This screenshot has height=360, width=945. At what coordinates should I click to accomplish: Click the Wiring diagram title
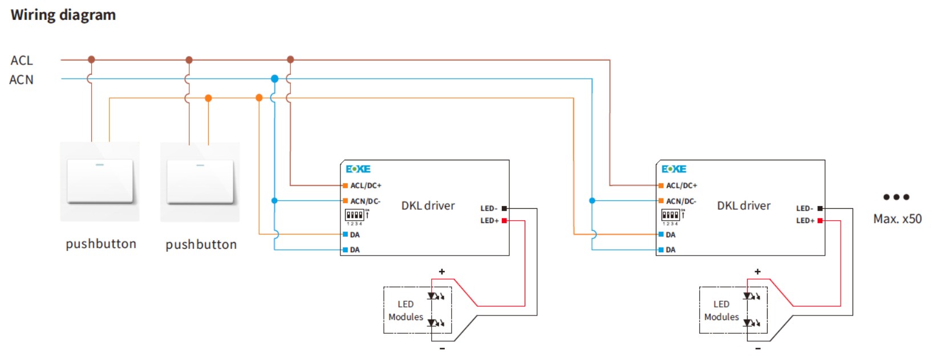click(x=63, y=15)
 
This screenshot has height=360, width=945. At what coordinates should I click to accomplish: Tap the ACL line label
click(x=22, y=60)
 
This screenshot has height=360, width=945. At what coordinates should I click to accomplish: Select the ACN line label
click(x=22, y=80)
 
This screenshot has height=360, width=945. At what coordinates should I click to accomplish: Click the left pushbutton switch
click(x=100, y=181)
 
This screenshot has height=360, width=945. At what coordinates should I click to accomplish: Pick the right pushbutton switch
click(x=200, y=181)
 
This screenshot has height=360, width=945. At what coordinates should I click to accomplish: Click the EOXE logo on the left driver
click(x=358, y=169)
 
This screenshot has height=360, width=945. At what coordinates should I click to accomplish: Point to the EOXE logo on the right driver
click(x=674, y=169)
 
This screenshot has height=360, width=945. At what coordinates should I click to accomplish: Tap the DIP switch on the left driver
click(x=355, y=215)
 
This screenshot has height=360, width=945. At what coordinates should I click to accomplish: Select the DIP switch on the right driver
click(x=671, y=215)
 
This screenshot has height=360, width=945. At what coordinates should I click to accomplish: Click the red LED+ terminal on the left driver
click(x=504, y=220)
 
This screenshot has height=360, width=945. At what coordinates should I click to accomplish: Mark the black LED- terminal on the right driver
click(x=820, y=208)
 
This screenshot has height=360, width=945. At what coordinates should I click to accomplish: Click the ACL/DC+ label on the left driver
click(x=366, y=185)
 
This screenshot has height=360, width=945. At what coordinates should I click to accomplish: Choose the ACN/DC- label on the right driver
click(x=681, y=201)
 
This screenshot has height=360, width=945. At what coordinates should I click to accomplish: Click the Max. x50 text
click(x=897, y=219)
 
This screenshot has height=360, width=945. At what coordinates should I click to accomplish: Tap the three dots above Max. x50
click(x=896, y=197)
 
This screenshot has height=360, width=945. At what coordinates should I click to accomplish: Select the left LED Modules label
click(x=405, y=310)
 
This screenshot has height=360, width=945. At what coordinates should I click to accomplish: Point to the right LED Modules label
click(x=721, y=310)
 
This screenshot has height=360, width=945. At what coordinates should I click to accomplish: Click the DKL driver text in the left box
click(x=428, y=205)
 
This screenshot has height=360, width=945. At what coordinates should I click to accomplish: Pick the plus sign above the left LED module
click(x=442, y=272)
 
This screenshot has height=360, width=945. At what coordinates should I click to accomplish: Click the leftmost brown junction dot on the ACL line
click(x=91, y=59)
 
